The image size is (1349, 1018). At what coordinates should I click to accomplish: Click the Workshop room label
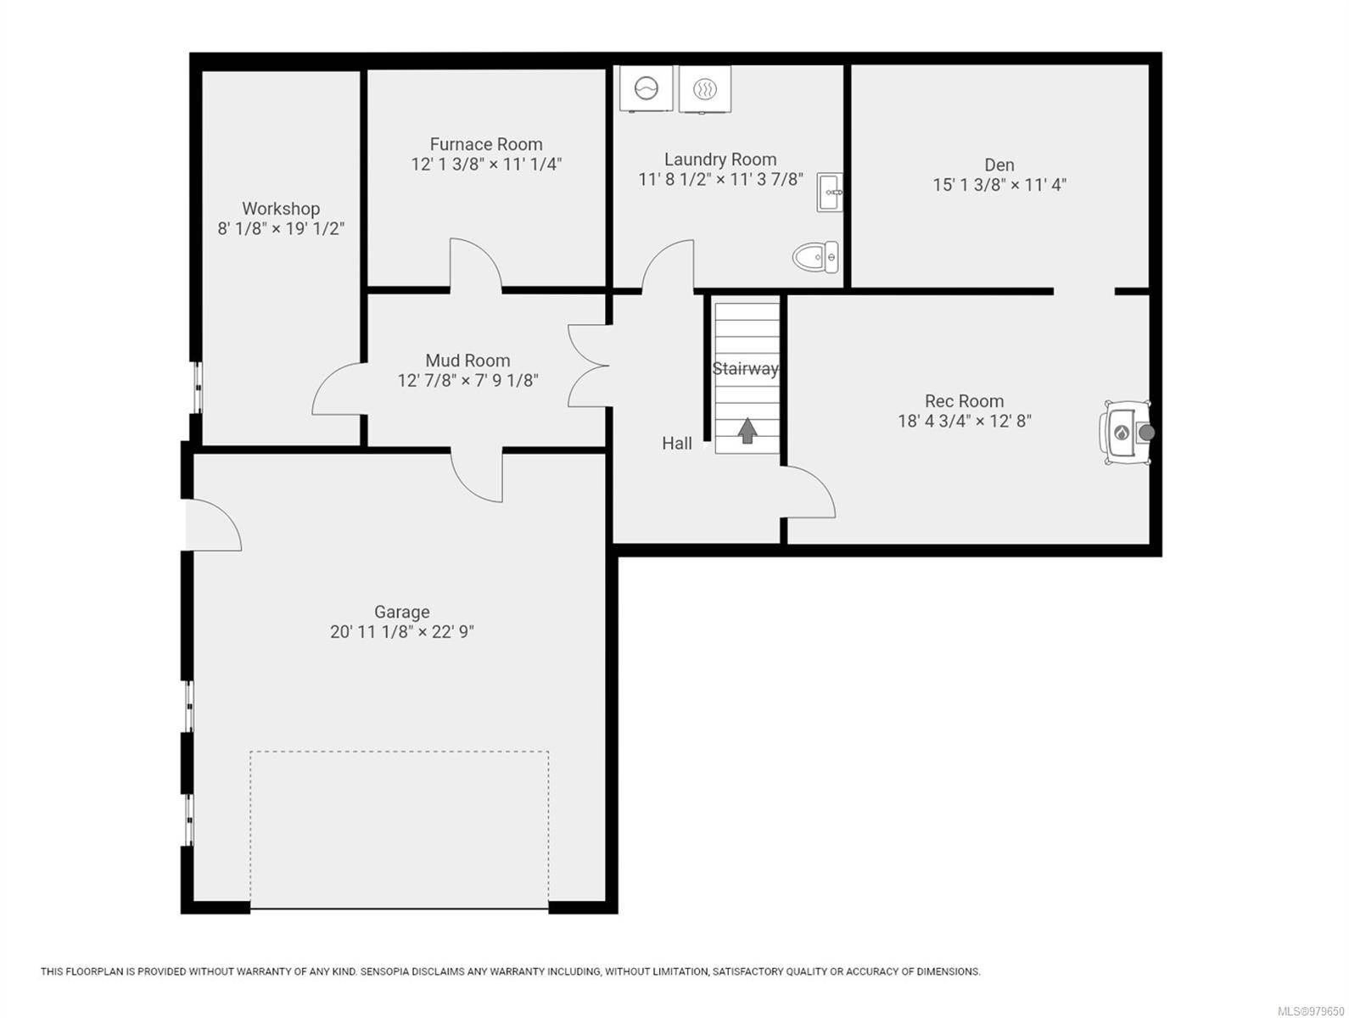[280, 209]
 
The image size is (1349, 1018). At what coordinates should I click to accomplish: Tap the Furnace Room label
[485, 144]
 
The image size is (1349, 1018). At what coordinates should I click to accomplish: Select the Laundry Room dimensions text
[720, 179]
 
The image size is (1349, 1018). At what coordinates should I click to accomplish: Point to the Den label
[999, 165]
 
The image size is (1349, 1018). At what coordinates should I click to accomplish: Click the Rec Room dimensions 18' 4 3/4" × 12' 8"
[965, 421]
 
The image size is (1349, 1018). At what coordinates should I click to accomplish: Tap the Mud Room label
[467, 360]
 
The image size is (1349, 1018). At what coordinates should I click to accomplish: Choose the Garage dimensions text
[402, 631]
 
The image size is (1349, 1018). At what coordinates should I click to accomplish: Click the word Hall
[677, 443]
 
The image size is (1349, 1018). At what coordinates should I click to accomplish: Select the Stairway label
[745, 369]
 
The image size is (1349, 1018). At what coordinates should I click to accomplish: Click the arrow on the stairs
[747, 430]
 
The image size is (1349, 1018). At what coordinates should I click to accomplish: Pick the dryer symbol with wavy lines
[705, 89]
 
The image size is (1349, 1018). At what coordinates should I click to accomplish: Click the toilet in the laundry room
[815, 257]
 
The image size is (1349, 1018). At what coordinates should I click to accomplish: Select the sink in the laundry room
[829, 193]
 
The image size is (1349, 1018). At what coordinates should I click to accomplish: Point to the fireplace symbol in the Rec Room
[1126, 433]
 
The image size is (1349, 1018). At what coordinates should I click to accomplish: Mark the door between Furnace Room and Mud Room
[476, 264]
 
